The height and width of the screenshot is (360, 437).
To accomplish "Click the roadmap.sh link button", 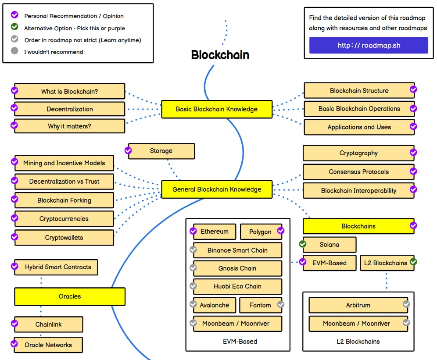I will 369,45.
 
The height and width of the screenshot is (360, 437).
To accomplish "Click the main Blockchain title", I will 220,55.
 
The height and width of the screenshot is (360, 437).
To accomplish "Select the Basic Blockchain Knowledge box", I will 217,109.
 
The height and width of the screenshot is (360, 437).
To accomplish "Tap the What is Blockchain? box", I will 69,92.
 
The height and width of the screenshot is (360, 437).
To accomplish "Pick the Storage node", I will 161,151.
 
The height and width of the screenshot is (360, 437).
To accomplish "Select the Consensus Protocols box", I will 358,172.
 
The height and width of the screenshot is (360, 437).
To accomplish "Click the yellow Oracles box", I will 70,296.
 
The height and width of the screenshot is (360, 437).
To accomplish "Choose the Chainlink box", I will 48,324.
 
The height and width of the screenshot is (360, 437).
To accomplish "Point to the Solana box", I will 330,245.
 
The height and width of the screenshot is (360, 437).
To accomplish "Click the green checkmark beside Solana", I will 303,244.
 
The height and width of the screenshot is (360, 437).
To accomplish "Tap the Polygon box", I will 260,232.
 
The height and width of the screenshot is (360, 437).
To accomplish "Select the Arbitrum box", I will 358,305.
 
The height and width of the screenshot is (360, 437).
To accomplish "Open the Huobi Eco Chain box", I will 237,286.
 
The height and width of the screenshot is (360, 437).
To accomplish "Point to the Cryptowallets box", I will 64,238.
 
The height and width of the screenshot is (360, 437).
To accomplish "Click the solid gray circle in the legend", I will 14,51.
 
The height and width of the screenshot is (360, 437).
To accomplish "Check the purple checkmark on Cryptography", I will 413,152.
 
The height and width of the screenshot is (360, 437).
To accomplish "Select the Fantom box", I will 260,305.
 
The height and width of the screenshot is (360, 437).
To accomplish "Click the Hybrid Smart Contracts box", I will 58,267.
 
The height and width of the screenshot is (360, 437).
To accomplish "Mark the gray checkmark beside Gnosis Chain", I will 193,267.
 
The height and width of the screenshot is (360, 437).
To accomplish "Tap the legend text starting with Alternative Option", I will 75,28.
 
